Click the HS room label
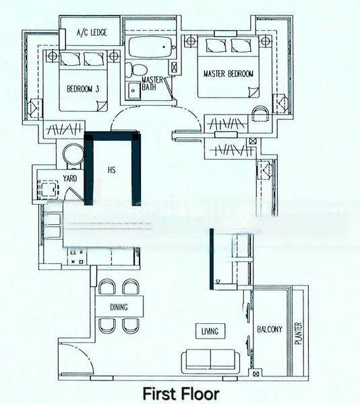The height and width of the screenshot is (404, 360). coord(111,170)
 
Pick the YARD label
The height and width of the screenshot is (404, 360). coord(69,178)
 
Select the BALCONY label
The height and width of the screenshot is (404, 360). coord(270,329)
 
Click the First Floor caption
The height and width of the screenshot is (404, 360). coord(180,392)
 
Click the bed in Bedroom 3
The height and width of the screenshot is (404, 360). coord(82,77)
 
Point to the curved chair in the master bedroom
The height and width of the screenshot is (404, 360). coord(260,112)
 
